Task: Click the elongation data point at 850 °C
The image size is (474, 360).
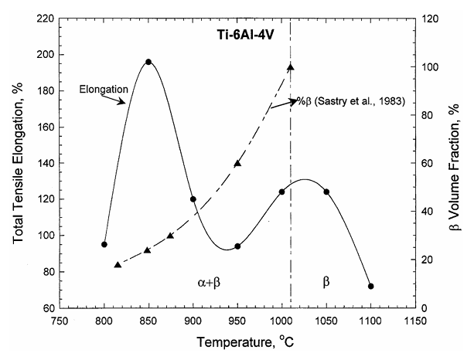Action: coord(148,62)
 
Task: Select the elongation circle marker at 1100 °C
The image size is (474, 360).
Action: coord(371,286)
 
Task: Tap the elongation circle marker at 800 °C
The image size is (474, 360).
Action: coord(104,244)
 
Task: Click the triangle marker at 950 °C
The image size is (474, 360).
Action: coord(237,163)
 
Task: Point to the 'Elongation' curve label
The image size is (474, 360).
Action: coord(104,90)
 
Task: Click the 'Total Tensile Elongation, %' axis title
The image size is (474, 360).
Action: coord(18,161)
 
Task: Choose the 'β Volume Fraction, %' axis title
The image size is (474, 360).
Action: coord(459,161)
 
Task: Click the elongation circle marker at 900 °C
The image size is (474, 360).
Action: coord(193,199)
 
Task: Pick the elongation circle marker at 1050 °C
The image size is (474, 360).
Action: coord(327,192)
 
